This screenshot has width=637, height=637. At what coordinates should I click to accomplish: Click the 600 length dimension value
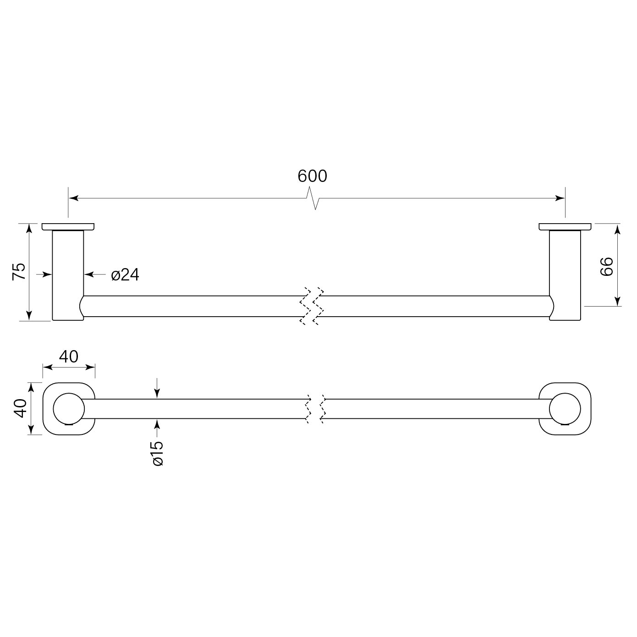pos(313,176)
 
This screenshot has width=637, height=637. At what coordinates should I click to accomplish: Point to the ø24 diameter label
pos(125,275)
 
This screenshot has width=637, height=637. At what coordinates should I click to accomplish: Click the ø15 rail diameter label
pos(157,453)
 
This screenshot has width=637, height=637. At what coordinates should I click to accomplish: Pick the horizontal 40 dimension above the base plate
pos(69,356)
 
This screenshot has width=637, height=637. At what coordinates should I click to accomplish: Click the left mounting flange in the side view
pos(68,226)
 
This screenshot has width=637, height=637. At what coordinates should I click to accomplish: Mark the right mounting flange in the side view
pos(565,226)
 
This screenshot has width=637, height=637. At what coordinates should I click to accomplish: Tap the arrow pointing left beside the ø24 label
pos(90,275)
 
